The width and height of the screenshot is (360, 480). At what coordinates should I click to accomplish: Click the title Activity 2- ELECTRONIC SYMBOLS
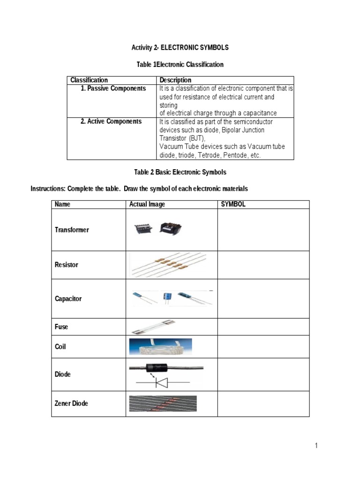pyautogui.click(x=180, y=48)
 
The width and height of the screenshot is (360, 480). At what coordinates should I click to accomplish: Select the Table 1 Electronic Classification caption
pyautogui.click(x=180, y=64)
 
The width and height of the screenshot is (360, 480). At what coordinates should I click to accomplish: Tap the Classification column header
pyautogui.click(x=89, y=80)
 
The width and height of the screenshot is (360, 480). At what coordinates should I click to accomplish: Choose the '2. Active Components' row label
pyautogui.click(x=111, y=121)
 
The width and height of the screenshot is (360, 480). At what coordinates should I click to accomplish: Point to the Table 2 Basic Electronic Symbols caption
pyautogui.click(x=180, y=172)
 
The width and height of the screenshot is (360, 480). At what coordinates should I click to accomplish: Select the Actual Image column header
pyautogui.click(x=147, y=204)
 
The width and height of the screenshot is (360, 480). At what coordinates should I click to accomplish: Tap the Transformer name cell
pyautogui.click(x=72, y=230)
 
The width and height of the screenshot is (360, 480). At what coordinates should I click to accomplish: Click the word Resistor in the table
pyautogui.click(x=67, y=265)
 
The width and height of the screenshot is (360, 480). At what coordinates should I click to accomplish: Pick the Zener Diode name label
pyautogui.click(x=71, y=403)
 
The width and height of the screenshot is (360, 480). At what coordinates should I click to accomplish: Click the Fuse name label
pyautogui.click(x=61, y=327)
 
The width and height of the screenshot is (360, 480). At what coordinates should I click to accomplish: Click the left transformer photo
pyautogui.click(x=142, y=229)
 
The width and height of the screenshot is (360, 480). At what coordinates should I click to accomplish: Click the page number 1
pyautogui.click(x=316, y=446)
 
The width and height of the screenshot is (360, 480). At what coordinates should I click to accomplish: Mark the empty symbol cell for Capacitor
pyautogui.click(x=263, y=299)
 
